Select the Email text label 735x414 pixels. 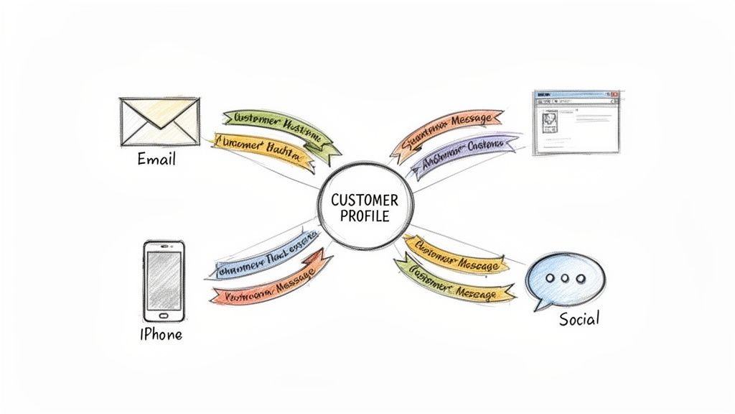[156, 159]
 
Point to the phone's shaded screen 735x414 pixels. [164, 279]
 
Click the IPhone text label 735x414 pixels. [161, 334]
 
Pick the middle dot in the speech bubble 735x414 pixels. [565, 279]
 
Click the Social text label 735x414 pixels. [579, 318]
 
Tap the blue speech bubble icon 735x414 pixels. [564, 281]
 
